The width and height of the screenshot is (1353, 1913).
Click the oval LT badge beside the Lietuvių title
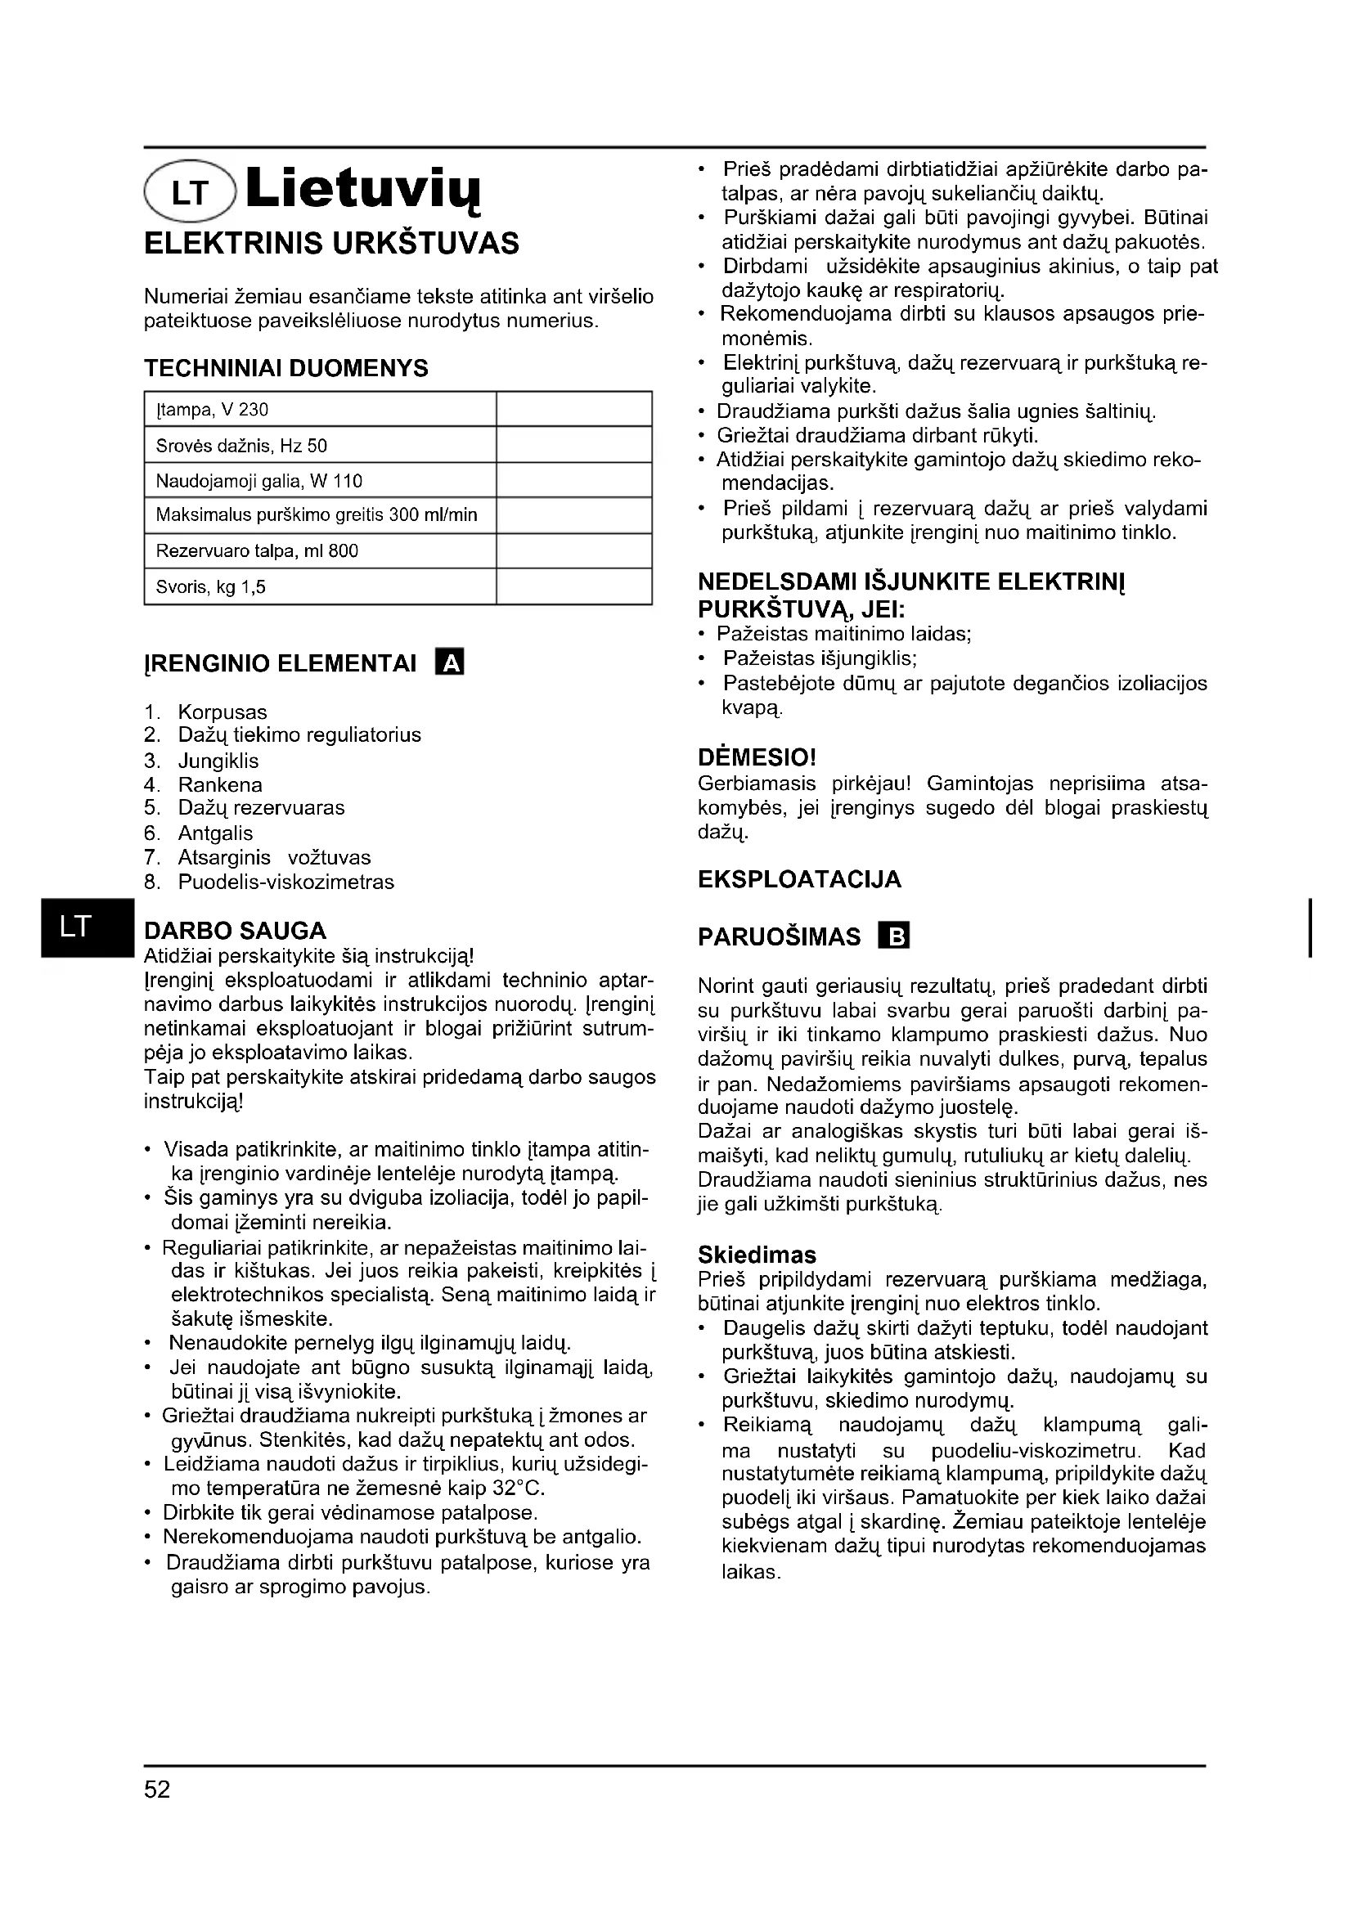pyautogui.click(x=191, y=191)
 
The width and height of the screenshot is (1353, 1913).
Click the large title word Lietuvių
pyautogui.click(x=364, y=190)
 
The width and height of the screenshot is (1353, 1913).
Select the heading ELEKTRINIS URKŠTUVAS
pyautogui.click(x=331, y=243)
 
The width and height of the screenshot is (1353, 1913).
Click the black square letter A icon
pyautogui.click(x=450, y=663)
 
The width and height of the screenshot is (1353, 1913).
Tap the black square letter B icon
pyautogui.click(x=894, y=936)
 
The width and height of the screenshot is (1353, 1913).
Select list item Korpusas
pyautogui.click(x=223, y=712)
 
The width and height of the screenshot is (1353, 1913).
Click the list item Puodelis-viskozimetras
pyautogui.click(x=285, y=882)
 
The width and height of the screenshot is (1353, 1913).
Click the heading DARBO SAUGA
pyautogui.click(x=235, y=931)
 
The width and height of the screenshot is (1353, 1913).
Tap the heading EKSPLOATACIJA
pyautogui.click(x=799, y=879)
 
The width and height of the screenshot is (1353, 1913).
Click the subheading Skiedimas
pyautogui.click(x=757, y=1255)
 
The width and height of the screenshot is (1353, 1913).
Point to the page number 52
pyautogui.click(x=156, y=1789)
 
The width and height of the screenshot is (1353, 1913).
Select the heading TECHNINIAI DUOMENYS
pyautogui.click(x=285, y=367)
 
